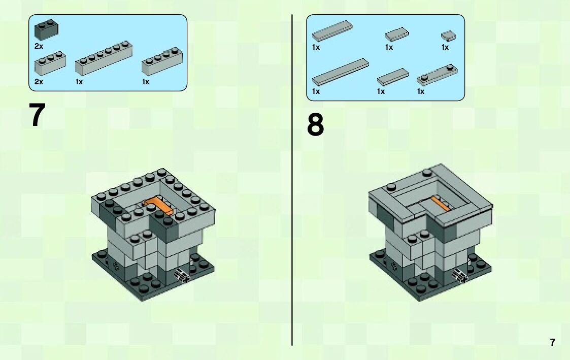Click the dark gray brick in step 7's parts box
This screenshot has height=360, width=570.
coord(46,29)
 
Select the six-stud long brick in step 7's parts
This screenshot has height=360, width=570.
coord(104,58)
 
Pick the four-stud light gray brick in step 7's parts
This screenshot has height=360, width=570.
coord(162,61)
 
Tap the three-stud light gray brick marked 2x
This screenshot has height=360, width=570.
coord(50,63)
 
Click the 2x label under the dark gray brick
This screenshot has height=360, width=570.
coord(39,46)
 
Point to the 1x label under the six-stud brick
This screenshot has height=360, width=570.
coord(79,82)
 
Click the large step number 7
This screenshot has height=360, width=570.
coord(37,115)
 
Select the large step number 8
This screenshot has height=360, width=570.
coord(315,125)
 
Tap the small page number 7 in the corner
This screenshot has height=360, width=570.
coord(553,342)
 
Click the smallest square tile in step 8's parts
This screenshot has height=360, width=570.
coord(449,36)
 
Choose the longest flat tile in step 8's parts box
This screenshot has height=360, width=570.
coord(340,72)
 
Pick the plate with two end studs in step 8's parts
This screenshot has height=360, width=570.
coord(437,75)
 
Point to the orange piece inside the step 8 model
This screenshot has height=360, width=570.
coord(440,203)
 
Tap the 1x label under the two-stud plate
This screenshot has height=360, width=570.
coord(421,91)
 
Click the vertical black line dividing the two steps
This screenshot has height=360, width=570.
coord(292,180)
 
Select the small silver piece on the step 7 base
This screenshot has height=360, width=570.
coord(181,275)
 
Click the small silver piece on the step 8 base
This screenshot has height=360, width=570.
coord(459,276)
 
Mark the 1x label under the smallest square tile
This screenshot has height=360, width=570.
coord(445,47)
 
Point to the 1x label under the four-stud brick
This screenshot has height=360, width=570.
coord(145,82)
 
